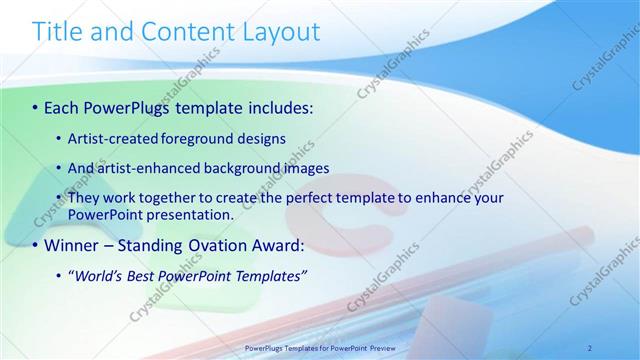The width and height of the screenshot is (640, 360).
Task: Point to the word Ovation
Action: [x=221, y=245]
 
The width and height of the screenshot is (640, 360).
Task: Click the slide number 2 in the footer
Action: [x=589, y=347]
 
